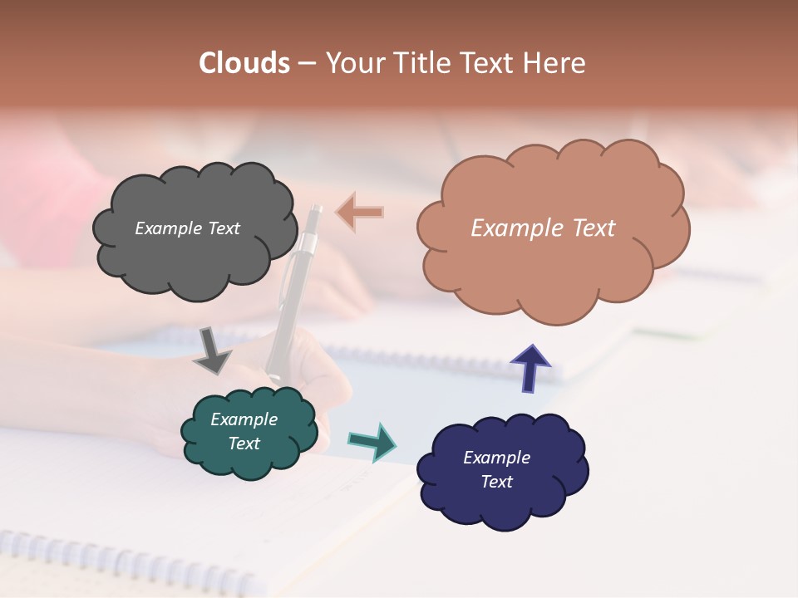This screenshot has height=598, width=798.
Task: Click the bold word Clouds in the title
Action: click(244, 63)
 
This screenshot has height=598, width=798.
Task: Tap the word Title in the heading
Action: click(416, 63)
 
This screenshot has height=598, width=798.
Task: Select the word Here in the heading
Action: click(555, 63)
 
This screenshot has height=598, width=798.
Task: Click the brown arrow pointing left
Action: click(361, 213)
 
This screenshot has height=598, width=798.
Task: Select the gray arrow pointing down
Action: click(213, 350)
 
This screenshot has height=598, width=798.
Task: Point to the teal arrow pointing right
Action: click(372, 440)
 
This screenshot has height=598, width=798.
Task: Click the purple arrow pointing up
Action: click(530, 368)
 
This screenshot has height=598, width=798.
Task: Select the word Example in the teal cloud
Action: click(244, 419)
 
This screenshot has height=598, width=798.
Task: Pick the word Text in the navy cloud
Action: click(496, 482)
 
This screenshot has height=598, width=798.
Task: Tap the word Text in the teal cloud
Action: click(244, 444)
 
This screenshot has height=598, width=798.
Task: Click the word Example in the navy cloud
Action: click(496, 458)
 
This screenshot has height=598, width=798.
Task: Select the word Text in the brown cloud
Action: click(590, 228)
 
